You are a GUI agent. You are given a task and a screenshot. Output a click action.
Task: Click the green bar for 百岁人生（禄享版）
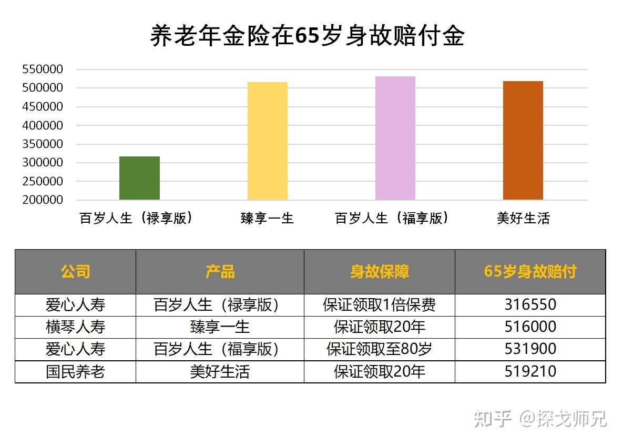139,178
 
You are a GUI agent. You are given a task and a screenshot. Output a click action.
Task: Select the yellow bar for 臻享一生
268,141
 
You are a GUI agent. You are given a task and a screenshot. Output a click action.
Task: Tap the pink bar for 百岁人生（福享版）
395,138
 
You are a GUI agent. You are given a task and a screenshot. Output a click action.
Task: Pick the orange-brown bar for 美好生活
523,141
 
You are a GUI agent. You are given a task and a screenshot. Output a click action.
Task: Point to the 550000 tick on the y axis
43,69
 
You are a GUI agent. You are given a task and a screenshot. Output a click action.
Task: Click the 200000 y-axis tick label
43,200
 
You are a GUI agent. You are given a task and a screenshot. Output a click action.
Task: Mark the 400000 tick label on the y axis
43,125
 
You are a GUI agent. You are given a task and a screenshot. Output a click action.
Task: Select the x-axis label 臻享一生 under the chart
267,218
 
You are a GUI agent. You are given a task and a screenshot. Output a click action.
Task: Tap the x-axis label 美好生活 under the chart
523,218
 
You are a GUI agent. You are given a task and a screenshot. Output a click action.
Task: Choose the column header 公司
75,272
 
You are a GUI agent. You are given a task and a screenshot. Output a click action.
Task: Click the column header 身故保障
379,272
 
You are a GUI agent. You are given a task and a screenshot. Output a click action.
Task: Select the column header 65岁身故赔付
530,272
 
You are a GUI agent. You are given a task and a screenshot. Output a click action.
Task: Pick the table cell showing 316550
530,305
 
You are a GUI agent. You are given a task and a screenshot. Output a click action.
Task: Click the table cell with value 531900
530,349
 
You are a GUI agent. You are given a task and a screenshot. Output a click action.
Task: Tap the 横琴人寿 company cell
75,327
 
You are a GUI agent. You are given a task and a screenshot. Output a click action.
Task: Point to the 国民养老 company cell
75,372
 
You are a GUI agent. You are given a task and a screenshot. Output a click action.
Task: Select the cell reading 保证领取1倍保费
379,305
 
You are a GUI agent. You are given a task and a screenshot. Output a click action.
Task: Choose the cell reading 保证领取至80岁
379,349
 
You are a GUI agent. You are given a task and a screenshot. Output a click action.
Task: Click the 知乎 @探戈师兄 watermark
540,419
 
